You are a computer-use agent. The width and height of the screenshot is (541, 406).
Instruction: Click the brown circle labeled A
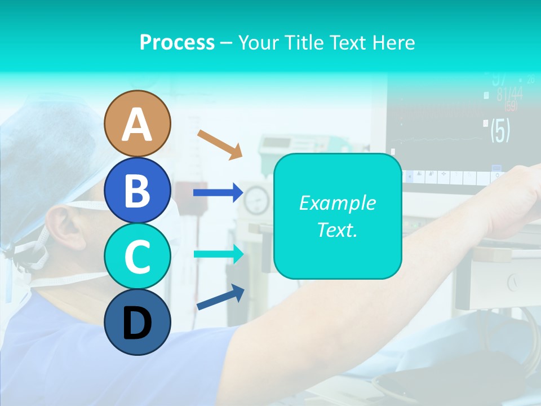coord(137,123)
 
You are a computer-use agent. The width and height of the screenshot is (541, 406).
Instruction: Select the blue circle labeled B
coord(137,190)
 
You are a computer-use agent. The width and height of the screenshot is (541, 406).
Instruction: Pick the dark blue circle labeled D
coord(137,322)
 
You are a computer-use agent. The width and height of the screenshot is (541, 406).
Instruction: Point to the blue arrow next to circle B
coord(218,193)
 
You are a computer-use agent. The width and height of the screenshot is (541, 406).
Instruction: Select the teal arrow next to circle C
coord(218,254)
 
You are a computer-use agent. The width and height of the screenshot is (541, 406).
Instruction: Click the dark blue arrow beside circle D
coord(220,297)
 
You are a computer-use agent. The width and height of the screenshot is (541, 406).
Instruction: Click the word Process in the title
coord(177,42)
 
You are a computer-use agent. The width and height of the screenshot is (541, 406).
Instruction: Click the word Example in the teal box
coord(337,203)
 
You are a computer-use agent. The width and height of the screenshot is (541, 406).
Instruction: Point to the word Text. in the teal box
coord(337,230)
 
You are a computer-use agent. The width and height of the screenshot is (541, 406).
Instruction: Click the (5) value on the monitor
coord(500,130)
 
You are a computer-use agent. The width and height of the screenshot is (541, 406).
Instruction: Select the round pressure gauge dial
coord(257,198)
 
